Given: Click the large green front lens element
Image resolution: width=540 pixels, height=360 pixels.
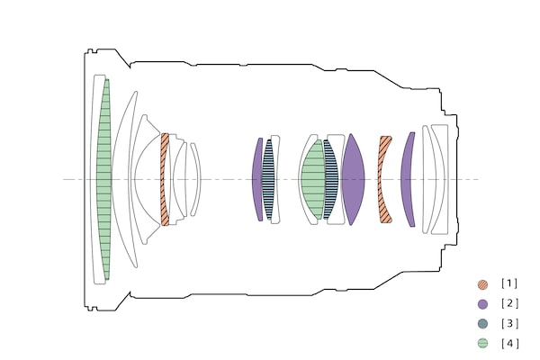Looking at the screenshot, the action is tap(104, 179).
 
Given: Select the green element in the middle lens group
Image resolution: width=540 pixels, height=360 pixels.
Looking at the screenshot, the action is tap(313, 179).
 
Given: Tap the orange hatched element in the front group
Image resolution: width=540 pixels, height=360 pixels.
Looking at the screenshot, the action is tap(165, 179).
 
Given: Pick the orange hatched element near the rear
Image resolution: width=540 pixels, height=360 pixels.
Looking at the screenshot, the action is tap(383, 179).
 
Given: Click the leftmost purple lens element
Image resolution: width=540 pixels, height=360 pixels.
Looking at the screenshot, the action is tap(256, 179).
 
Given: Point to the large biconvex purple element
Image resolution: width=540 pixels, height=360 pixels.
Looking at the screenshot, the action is tap(353, 179).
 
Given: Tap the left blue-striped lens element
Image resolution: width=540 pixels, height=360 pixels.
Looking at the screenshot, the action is tap(268, 179).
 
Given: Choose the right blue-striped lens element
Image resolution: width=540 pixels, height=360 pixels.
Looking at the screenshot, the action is tap(330, 179).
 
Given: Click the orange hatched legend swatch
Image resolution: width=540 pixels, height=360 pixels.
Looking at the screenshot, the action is tap(482, 284).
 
